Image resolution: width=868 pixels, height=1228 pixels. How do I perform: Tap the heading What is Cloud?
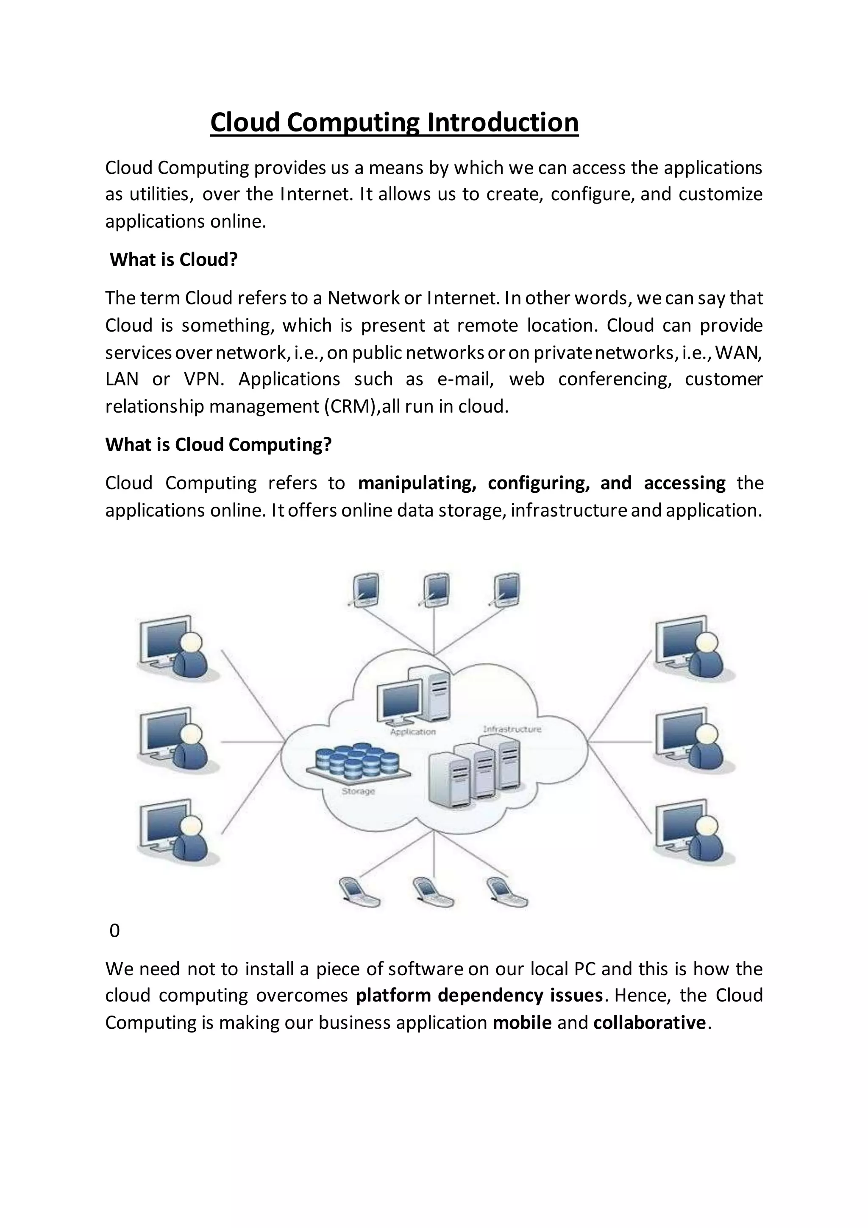click(173, 260)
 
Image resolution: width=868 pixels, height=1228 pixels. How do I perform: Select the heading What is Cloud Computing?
click(218, 444)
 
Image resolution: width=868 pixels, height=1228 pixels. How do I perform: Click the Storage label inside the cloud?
click(358, 791)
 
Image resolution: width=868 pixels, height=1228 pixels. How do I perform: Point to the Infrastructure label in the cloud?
click(512, 729)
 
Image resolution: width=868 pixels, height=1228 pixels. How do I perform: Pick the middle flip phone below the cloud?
click(432, 890)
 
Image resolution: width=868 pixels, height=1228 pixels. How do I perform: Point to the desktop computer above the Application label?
click(414, 695)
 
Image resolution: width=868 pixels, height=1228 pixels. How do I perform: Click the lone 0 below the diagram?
click(114, 931)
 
